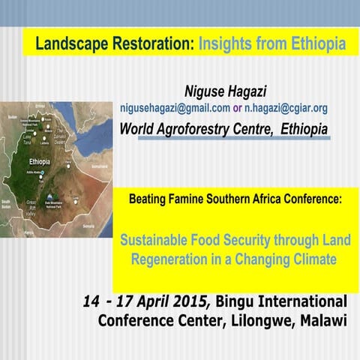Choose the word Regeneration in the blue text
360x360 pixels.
pyautogui.click(x=169, y=259)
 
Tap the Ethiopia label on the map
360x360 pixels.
pyautogui.click(x=39, y=161)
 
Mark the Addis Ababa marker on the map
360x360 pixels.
pyautogui.click(x=43, y=173)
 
